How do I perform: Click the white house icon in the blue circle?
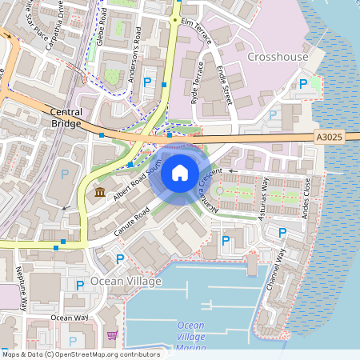180,173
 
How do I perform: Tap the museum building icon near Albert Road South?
100,192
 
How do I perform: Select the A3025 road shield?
329,138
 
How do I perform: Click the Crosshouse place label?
278,57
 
